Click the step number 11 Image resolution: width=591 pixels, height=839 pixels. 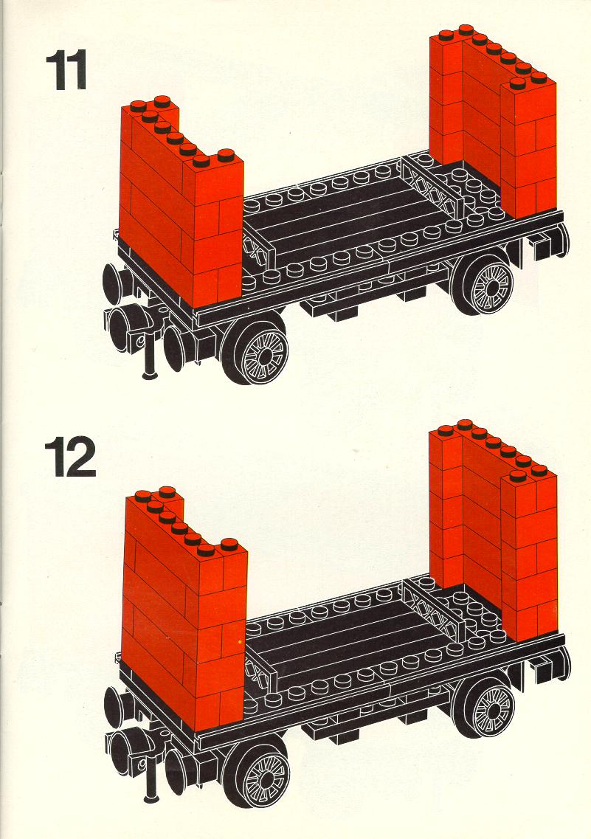(x=66, y=70)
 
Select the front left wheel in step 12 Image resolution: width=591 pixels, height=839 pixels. (x=258, y=770)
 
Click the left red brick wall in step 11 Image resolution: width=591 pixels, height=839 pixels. (x=182, y=204)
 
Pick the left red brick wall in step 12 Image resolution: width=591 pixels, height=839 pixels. (x=185, y=610)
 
